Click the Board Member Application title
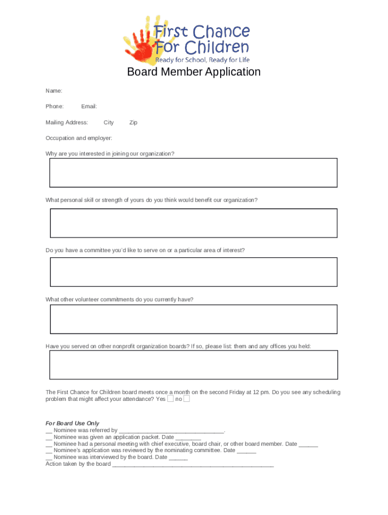click(x=193, y=72)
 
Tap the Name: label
click(x=54, y=91)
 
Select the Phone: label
click(x=54, y=107)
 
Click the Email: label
click(x=89, y=107)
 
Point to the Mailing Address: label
click(x=67, y=122)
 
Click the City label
click(x=108, y=122)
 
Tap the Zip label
click(x=133, y=122)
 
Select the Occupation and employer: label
click(x=79, y=138)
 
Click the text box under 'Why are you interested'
click(x=193, y=173)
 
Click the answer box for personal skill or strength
click(x=193, y=223)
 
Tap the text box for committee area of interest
click(x=193, y=272)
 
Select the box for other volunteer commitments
click(x=193, y=319)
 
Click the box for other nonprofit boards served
click(x=193, y=365)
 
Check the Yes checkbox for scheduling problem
click(x=170, y=399)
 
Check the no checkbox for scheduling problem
click(x=186, y=399)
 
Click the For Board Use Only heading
click(x=72, y=423)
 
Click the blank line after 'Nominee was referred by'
click(x=171, y=431)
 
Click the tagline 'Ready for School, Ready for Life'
click(x=202, y=60)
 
